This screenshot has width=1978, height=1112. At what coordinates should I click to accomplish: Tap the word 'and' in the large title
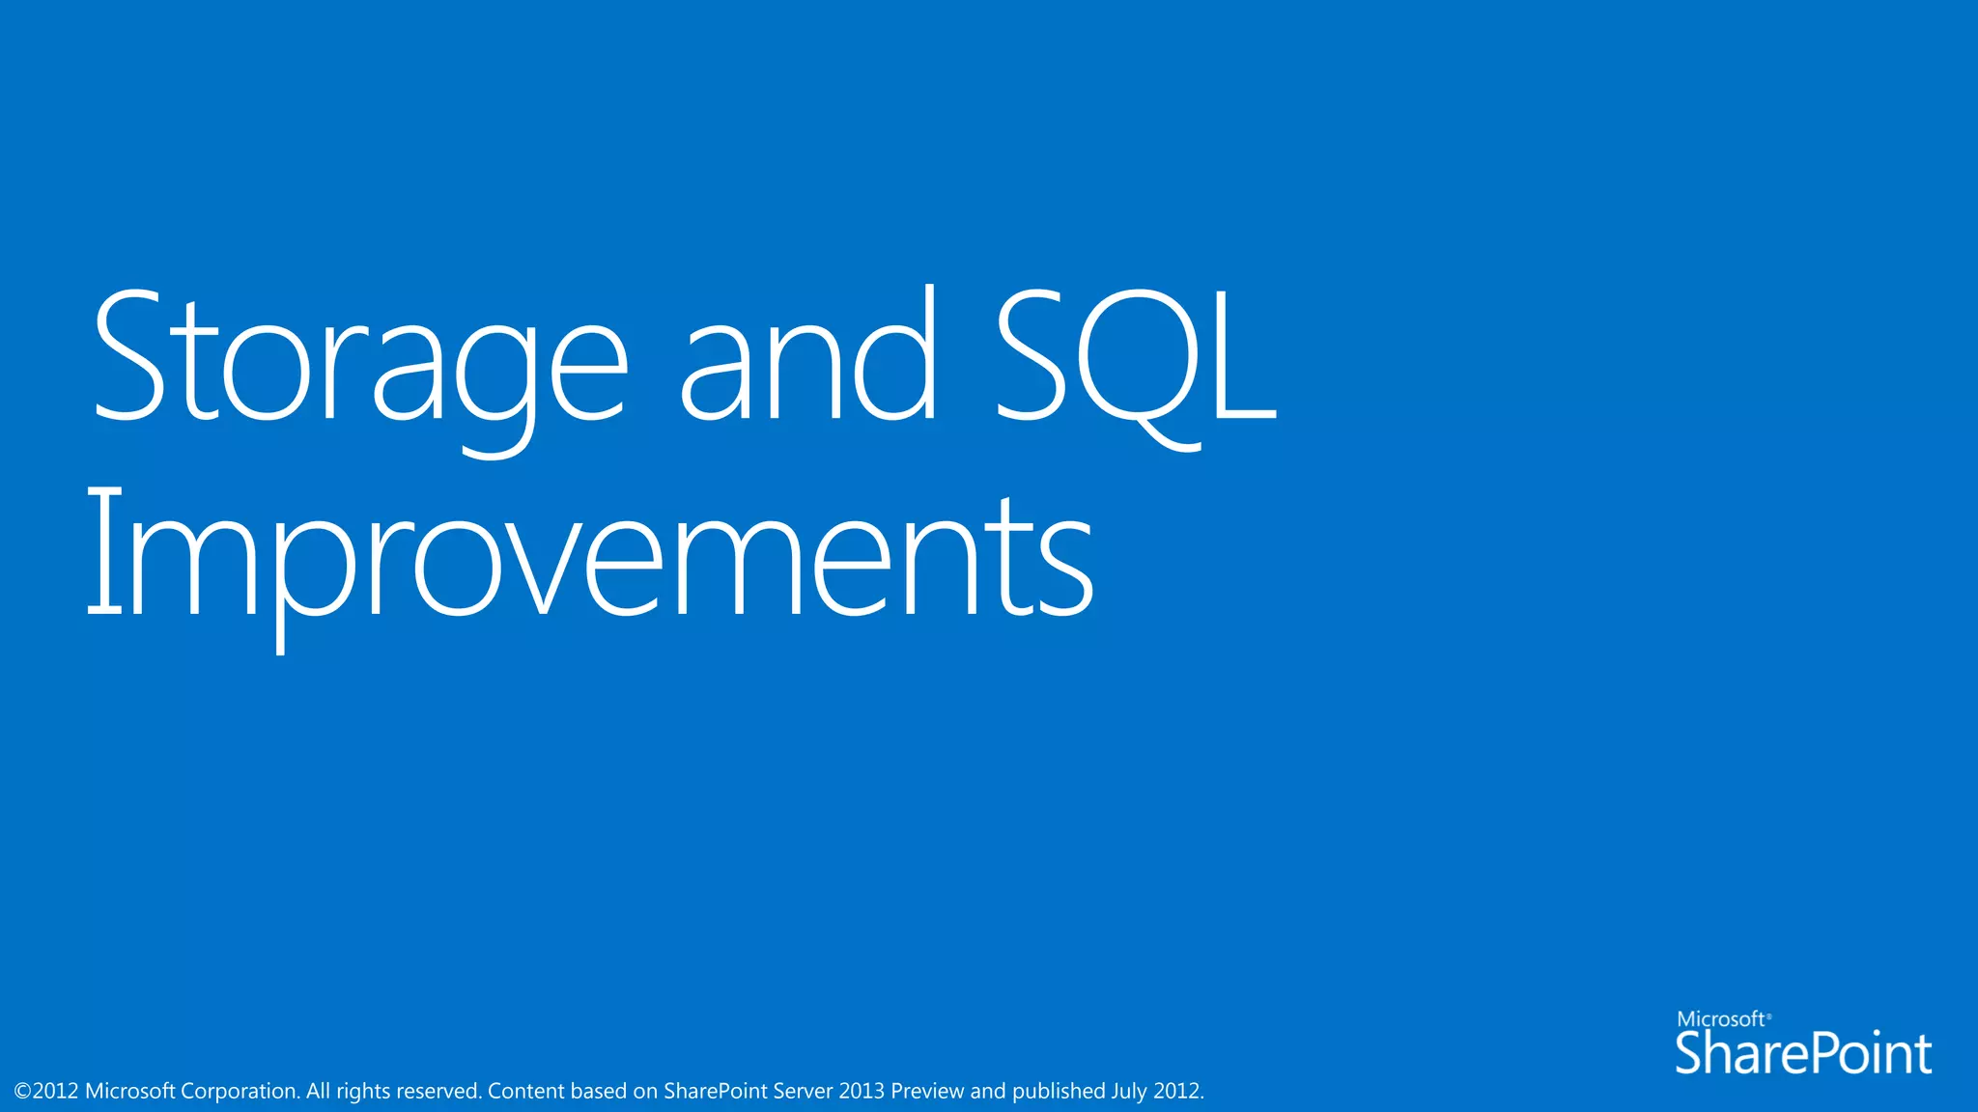808,357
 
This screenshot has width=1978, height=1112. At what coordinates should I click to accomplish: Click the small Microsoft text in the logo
1722,1019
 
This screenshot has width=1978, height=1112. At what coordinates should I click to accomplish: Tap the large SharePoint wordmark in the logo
1802,1053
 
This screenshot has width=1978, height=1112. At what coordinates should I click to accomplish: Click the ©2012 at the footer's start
46,1092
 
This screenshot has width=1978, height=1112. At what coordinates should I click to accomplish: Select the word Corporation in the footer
240,1092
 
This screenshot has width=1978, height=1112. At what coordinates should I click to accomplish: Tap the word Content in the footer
525,1092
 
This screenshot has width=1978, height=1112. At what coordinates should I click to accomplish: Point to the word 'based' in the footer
599,1092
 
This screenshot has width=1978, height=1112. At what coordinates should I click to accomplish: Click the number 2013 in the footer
862,1092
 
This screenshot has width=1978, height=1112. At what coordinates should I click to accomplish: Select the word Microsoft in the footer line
129,1092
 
